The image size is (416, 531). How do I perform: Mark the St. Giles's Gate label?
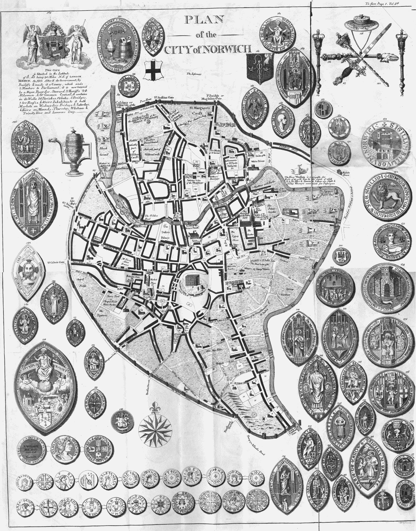point(56,263)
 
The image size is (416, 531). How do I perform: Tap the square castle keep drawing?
point(192,281)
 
